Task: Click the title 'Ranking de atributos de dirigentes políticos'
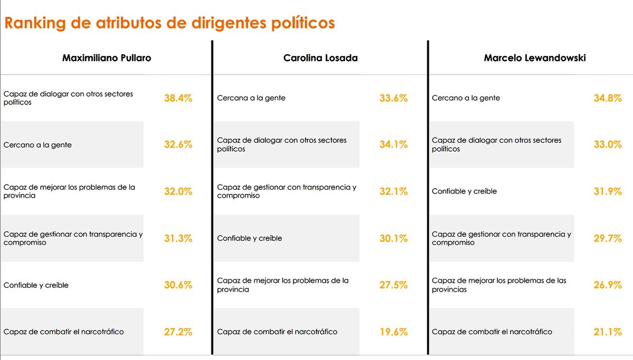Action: click(x=169, y=23)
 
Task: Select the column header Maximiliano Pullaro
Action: click(x=107, y=58)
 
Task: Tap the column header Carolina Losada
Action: click(x=320, y=58)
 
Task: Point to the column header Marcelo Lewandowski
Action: click(x=534, y=58)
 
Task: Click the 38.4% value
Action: click(x=178, y=98)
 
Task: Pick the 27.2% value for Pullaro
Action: click(x=178, y=332)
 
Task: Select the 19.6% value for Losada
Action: click(x=393, y=332)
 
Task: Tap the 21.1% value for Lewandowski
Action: click(x=608, y=332)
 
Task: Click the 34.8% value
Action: click(x=608, y=98)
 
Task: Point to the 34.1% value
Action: click(x=393, y=144)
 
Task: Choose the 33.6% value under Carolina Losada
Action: click(x=393, y=98)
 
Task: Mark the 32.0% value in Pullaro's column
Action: click(x=178, y=191)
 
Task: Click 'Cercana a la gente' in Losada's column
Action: click(x=251, y=98)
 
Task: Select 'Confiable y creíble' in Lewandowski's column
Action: click(x=464, y=191)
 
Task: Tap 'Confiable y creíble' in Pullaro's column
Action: click(x=36, y=285)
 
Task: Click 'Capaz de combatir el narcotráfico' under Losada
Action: click(x=277, y=332)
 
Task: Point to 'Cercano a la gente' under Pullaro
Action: click(x=37, y=145)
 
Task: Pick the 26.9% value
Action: click(x=608, y=285)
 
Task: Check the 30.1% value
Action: click(x=393, y=238)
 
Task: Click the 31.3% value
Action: click(x=178, y=238)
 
